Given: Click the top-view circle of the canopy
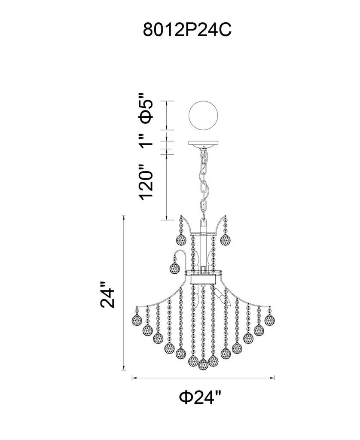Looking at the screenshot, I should pos(204,115).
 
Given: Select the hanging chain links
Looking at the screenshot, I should pos(204,180).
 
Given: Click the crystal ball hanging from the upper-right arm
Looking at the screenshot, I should pos(225,239).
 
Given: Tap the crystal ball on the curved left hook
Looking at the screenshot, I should pos(175,268).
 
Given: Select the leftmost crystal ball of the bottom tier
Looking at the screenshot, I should pos(137,320).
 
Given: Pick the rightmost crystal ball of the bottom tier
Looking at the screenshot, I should pos(270,320).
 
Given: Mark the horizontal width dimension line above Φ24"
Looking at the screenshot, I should pos(203,378).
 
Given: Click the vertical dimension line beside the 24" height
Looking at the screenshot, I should pos(124,292).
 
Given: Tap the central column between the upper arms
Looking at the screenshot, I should pos(203,245).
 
